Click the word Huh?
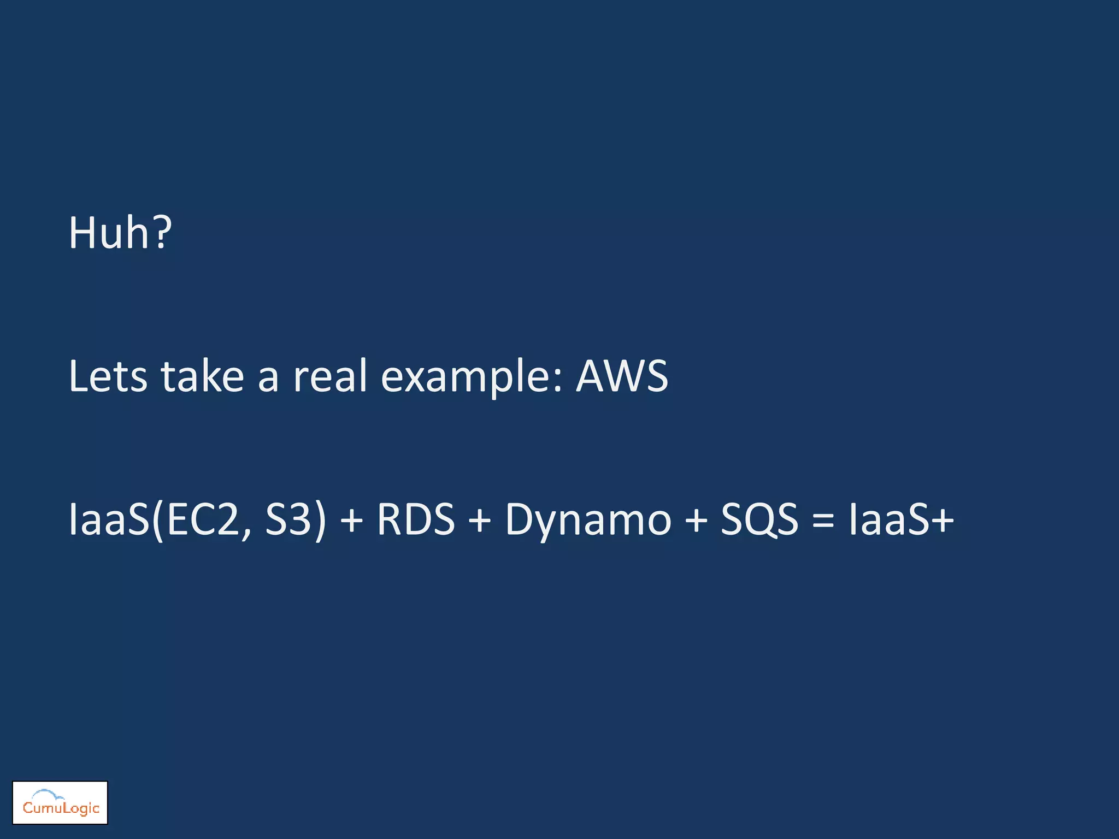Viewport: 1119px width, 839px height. click(x=120, y=233)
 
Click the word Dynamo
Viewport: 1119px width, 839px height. click(x=587, y=520)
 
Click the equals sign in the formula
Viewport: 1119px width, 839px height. click(x=823, y=520)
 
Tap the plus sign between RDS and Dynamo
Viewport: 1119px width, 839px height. click(x=479, y=520)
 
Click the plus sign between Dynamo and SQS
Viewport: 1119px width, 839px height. click(x=696, y=520)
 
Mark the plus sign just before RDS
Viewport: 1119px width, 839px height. click(x=351, y=520)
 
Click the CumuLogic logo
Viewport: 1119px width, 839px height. click(x=60, y=802)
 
